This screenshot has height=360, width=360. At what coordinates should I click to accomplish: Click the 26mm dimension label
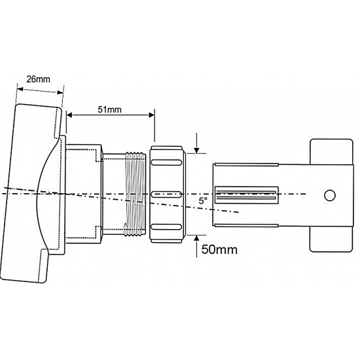tap(38, 79)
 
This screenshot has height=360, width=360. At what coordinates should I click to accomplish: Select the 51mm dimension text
tap(109, 109)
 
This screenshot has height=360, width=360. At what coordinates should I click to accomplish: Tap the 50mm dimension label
tap(219, 249)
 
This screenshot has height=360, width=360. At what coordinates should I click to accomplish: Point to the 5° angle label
tap(203, 201)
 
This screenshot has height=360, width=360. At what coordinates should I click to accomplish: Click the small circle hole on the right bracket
tap(330, 196)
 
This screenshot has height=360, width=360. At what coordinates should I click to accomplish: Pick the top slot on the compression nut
tap(166, 162)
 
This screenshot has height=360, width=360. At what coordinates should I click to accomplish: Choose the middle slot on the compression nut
tap(166, 194)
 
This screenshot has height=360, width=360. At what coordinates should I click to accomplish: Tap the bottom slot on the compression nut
tap(166, 227)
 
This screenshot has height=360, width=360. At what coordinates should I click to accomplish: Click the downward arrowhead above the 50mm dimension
tap(196, 151)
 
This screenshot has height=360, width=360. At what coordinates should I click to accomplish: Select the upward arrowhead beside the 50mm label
tap(196, 238)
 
